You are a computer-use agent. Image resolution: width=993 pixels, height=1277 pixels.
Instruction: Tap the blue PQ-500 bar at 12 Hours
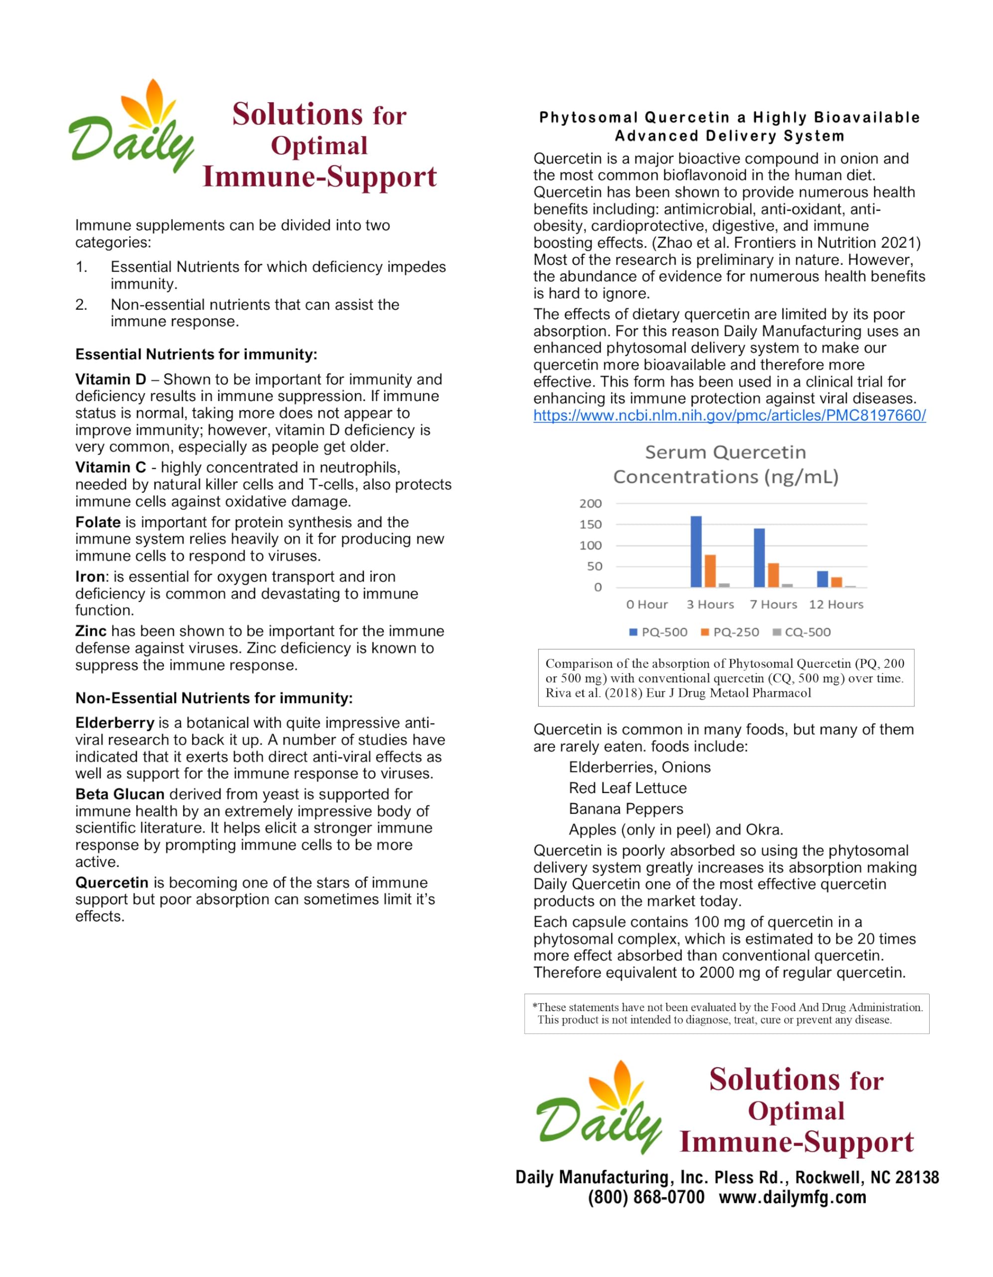pos(822,580)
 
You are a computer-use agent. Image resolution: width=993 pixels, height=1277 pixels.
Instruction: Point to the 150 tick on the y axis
pos(591,524)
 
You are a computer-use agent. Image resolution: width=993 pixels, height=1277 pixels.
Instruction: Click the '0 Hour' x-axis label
pos(646,605)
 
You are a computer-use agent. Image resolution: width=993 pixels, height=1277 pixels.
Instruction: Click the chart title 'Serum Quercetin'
pos(725,452)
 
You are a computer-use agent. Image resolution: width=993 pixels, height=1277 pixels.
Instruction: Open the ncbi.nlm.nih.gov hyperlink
pos(729,416)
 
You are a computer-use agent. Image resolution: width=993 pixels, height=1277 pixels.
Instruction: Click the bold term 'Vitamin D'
pos(110,380)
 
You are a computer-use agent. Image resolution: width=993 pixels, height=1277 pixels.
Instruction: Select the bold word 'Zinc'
pos(91,631)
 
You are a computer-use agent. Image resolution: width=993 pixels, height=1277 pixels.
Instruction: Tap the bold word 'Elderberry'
pos(115,723)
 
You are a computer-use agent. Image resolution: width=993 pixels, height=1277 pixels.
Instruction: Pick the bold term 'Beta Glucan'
pos(120,794)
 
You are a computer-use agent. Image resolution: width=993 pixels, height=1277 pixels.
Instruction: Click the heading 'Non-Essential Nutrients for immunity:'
pos(214,698)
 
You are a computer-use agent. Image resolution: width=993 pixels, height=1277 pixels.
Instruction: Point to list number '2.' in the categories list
pos(81,305)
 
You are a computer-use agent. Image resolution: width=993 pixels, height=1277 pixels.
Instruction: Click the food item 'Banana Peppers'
pos(626,809)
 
